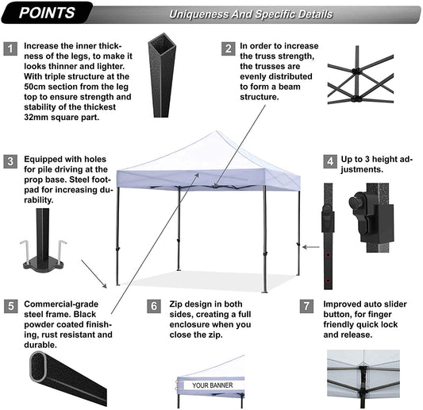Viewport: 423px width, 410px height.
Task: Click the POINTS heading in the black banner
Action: (48, 14)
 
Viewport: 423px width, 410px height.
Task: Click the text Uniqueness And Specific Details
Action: (251, 14)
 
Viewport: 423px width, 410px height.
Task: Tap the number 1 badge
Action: (10, 48)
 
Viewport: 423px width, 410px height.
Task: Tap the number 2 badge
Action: (228, 48)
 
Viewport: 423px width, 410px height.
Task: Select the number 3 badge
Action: (10, 161)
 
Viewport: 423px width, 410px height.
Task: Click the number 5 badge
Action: (10, 305)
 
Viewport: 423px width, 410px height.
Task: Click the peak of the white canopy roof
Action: (210, 136)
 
